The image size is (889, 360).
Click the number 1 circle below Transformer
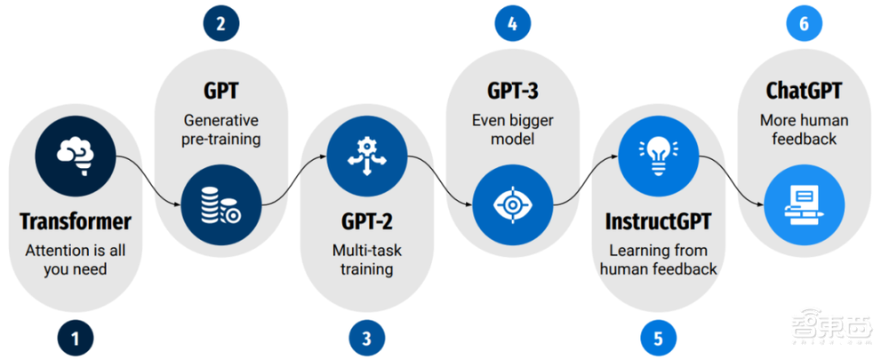[76, 338]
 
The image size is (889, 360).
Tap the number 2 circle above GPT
[221, 23]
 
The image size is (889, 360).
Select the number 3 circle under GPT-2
[367, 338]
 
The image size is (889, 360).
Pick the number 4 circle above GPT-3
[512, 23]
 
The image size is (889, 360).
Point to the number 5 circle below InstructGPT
[658, 338]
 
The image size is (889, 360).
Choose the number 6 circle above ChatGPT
[804, 23]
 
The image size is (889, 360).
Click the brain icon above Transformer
[76, 156]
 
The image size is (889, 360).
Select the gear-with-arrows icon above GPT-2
[367, 156]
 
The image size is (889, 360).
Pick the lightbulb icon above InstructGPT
[658, 156]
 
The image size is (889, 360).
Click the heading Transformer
[76, 222]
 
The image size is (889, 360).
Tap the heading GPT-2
[367, 222]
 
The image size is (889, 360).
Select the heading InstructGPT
[658, 222]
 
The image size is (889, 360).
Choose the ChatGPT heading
[804, 91]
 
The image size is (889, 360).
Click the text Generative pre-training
[221, 130]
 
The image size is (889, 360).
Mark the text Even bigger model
[512, 130]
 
